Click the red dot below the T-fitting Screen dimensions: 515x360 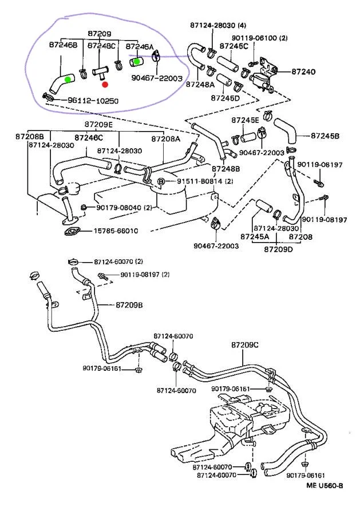click(x=105, y=84)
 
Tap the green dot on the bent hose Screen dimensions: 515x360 click(x=68, y=79)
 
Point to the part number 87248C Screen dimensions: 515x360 click(x=101, y=45)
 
